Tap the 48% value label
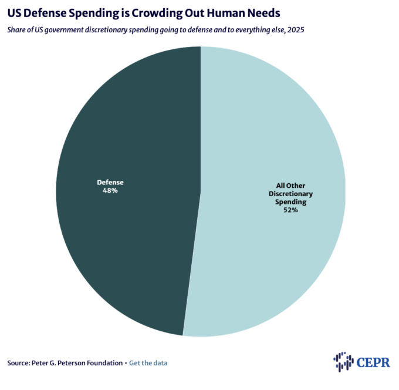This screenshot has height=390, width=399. click(x=111, y=191)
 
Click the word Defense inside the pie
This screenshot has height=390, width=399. click(x=111, y=183)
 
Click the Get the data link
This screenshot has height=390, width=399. click(x=148, y=363)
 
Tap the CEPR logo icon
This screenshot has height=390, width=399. click(x=343, y=361)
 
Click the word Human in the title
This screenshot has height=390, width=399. click(x=229, y=12)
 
